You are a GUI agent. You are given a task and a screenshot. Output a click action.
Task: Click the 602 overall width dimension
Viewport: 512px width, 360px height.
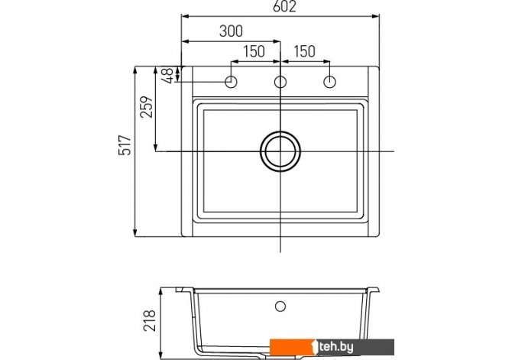coord(284,7)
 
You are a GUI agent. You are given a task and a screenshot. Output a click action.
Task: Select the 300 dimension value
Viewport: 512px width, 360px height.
coord(231,31)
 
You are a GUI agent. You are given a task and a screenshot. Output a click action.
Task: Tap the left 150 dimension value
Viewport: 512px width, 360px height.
coord(254,51)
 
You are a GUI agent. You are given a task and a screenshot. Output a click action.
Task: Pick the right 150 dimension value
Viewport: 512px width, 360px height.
coord(305,51)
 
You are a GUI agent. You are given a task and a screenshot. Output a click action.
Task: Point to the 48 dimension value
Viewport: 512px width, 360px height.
coord(167,76)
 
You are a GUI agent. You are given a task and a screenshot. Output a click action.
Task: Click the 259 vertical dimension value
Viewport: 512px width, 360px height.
coord(146,106)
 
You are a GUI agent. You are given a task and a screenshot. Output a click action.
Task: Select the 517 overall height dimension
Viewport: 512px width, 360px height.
coord(125,144)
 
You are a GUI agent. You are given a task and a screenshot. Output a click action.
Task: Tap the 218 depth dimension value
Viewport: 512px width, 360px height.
coord(150,320)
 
